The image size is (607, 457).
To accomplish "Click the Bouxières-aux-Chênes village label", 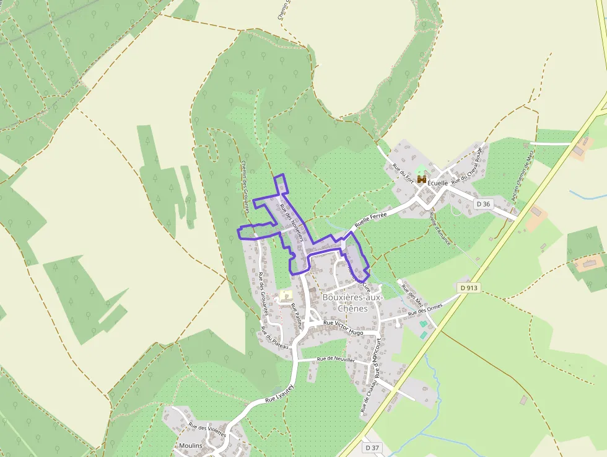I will click(353, 303).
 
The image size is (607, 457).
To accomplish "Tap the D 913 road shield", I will click(470, 288).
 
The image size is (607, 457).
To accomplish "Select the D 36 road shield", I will click(484, 204).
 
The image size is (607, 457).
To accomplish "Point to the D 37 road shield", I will click(372, 447).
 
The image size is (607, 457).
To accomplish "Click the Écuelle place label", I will click(438, 184).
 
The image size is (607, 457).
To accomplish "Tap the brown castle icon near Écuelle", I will click(422, 179).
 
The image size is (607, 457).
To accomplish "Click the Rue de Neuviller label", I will click(335, 359).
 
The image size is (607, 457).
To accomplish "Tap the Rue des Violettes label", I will click(207, 430).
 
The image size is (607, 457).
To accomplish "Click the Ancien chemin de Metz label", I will click(522, 176).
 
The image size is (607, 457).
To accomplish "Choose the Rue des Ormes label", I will click(426, 311).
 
